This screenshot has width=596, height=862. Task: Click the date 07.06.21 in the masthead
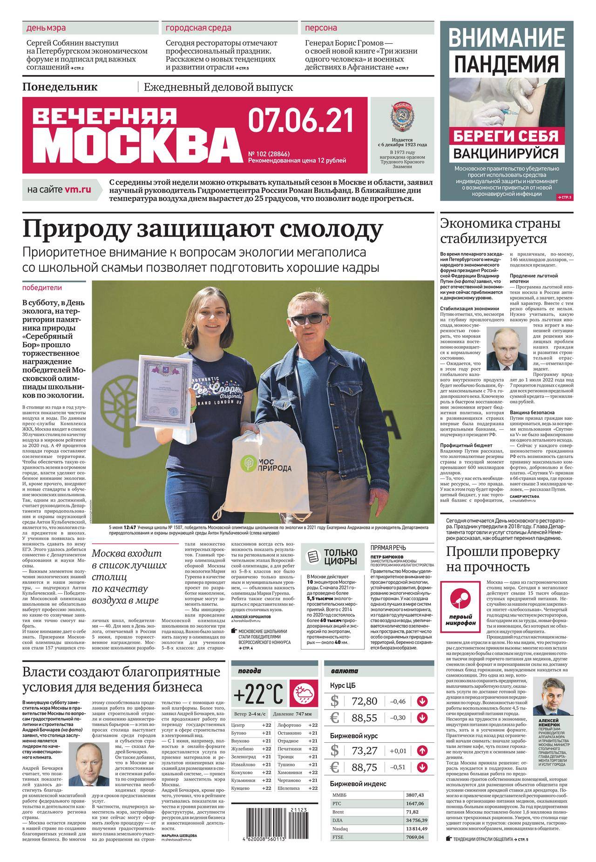tap(300, 120)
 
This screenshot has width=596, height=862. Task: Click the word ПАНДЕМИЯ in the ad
tap(506, 64)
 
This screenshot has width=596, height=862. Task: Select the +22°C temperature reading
tap(259, 695)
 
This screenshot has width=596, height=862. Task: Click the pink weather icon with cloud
tap(304, 695)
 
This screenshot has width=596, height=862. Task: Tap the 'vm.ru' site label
tap(78, 190)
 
